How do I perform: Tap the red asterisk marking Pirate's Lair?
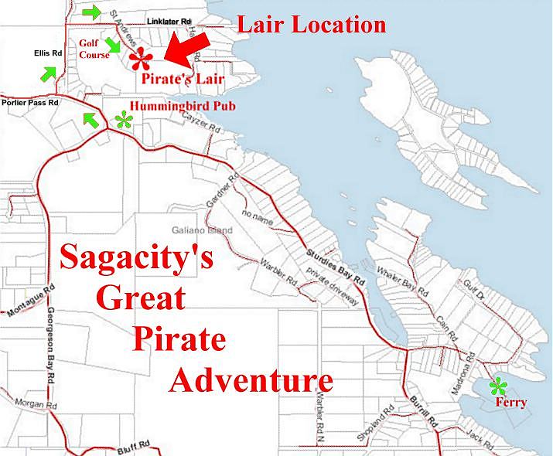[142, 59]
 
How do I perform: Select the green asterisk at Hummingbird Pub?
[123, 119]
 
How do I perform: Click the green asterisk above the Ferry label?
[500, 386]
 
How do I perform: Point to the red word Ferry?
[510, 403]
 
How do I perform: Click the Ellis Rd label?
[47, 54]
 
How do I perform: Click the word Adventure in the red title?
[253, 379]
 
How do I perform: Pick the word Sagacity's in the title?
[136, 259]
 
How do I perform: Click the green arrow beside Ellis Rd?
[49, 73]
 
